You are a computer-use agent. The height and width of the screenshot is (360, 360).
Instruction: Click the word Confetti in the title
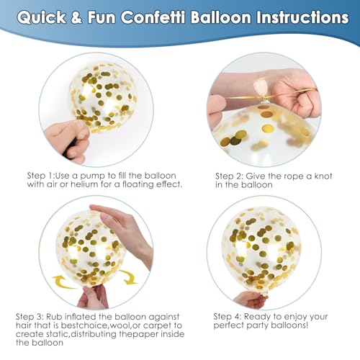pyautogui.click(x=153, y=17)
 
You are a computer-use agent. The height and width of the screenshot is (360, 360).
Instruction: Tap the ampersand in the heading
pyautogui.click(x=76, y=18)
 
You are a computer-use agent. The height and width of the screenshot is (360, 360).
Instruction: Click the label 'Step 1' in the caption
pyautogui.click(x=40, y=176)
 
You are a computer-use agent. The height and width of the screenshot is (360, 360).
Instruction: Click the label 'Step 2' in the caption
pyautogui.click(x=229, y=176)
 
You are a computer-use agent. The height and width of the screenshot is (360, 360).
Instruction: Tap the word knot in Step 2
pyautogui.click(x=323, y=176)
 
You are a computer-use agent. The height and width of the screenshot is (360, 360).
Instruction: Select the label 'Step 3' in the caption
pyautogui.click(x=30, y=317)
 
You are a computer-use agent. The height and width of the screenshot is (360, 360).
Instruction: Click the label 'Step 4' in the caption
pyautogui.click(x=228, y=317)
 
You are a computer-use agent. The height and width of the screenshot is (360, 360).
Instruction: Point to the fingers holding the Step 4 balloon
pyautogui.click(x=251, y=300)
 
